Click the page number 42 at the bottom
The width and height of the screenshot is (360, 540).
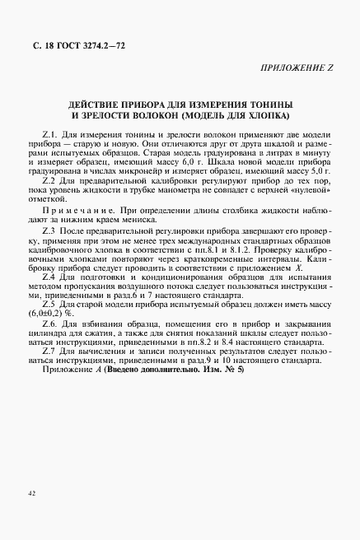coord(30,493)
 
